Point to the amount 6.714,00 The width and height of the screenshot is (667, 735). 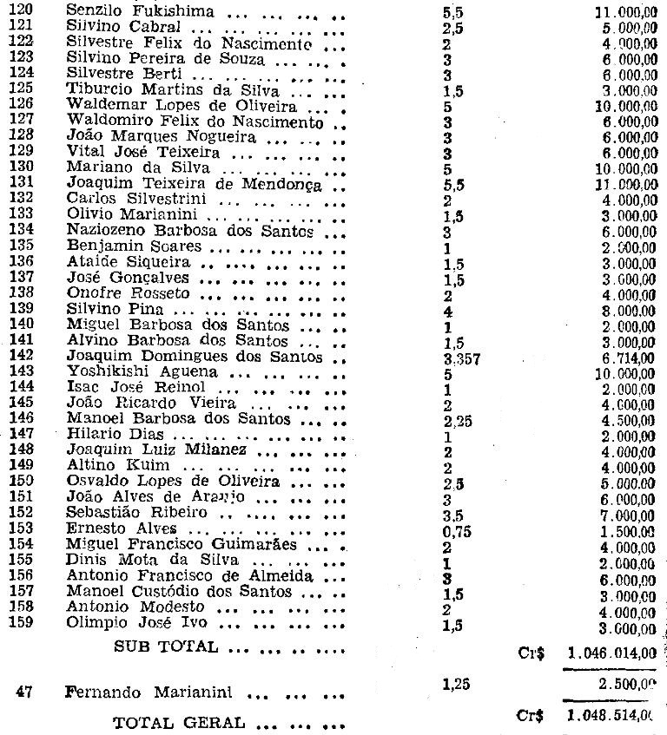628,358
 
